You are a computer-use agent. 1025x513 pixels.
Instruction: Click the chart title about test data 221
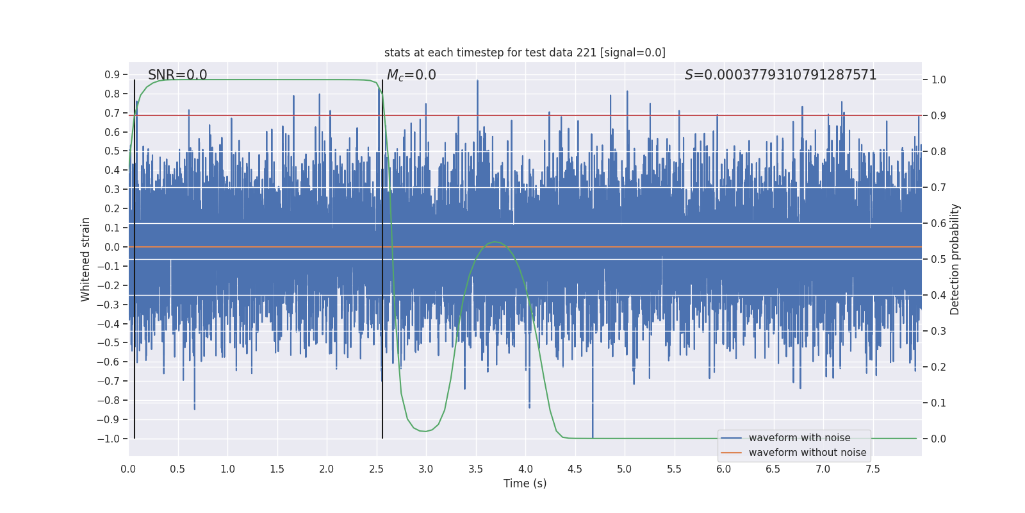point(525,53)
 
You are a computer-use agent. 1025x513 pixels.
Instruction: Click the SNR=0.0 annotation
point(177,75)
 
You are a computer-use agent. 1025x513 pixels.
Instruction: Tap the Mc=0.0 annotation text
point(411,75)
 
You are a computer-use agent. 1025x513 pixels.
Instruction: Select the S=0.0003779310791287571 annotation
point(780,75)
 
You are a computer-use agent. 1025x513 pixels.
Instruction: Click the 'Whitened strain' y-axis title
point(86,259)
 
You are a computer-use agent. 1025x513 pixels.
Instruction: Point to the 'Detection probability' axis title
point(955,259)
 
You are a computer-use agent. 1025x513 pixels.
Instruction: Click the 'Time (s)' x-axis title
point(525,484)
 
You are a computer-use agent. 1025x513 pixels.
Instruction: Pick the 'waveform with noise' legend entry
point(799,438)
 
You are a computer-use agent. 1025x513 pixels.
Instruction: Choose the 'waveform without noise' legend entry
point(807,453)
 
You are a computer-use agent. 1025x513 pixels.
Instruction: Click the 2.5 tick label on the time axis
point(376,469)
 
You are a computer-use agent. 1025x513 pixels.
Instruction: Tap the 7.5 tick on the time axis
point(873,469)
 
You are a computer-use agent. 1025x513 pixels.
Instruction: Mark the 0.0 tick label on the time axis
point(128,469)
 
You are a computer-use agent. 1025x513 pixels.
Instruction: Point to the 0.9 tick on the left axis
point(112,75)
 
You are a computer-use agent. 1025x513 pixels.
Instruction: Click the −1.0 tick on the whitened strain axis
point(109,439)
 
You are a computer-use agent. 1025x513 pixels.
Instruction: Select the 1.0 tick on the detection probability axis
point(939,80)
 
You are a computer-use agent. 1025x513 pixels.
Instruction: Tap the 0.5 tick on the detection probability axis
point(939,260)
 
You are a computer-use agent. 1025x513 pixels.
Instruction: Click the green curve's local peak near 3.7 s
point(495,242)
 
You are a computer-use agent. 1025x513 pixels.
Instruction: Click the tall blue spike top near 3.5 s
point(477,81)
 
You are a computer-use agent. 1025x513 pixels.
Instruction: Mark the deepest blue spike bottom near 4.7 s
point(593,437)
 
